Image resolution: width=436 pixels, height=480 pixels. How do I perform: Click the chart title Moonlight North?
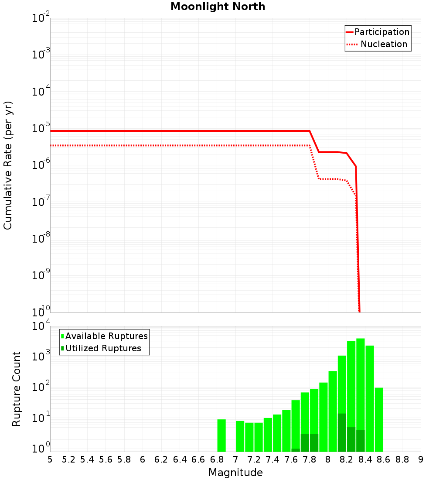[218, 7]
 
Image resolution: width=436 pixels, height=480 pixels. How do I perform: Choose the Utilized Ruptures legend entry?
[103, 348]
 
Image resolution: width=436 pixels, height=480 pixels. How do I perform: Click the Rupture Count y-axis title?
[17, 388]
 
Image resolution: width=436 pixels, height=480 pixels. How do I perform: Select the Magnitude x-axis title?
[235, 473]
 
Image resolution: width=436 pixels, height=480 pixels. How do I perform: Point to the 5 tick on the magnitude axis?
[50, 459]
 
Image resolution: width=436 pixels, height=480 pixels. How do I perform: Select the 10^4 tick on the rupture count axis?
[42, 326]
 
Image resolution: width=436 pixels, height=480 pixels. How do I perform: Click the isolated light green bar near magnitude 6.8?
[221, 435]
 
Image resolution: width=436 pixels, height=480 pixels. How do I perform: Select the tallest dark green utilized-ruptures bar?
[342, 432]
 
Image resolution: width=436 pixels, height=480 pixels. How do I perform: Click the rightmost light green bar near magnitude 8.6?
[379, 419]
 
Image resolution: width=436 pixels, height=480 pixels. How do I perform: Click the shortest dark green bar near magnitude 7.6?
[296, 450]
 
